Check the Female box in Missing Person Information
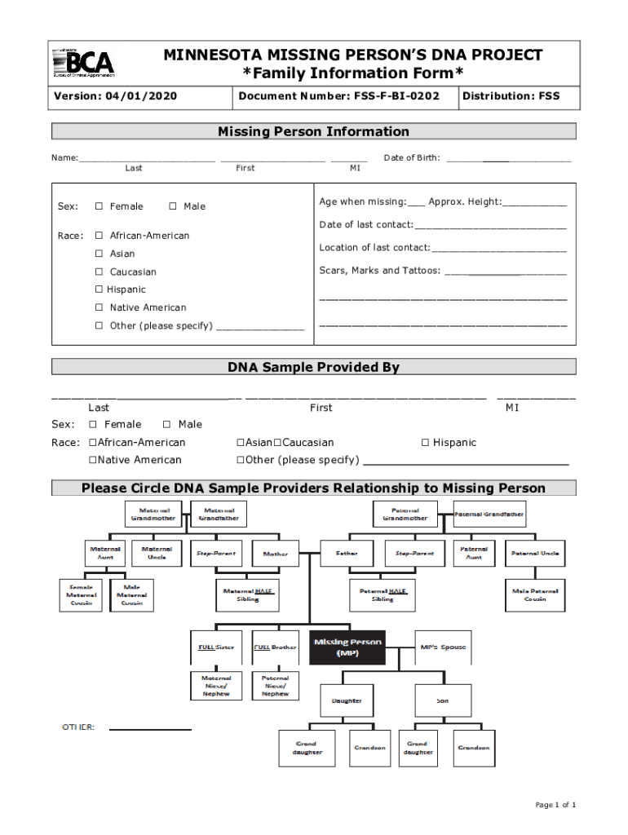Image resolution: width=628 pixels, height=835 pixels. click(x=99, y=207)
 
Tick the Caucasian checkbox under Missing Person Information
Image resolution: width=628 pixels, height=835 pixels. click(x=99, y=272)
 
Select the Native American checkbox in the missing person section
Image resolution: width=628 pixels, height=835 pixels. click(x=99, y=308)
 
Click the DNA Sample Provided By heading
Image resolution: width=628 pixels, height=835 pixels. click(x=314, y=368)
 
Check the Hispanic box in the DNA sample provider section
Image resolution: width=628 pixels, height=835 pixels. click(x=425, y=443)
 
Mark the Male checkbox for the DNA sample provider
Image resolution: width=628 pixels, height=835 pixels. click(x=167, y=425)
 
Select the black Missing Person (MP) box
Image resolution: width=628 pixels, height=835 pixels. click(x=347, y=647)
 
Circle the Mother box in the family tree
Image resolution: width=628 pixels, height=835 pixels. click(x=275, y=554)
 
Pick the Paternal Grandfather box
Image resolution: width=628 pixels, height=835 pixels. click(x=489, y=515)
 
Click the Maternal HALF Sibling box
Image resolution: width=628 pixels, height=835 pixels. click(x=247, y=595)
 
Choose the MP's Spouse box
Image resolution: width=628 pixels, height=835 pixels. click(x=443, y=647)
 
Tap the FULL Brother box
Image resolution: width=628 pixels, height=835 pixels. click(x=275, y=647)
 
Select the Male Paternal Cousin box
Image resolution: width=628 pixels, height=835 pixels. click(x=535, y=595)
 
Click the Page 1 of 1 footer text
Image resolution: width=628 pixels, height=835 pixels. click(x=555, y=806)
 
